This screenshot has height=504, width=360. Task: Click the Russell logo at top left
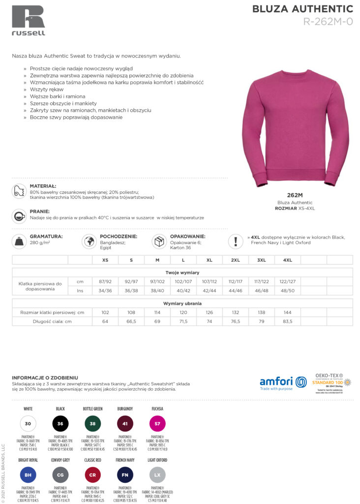(29, 20)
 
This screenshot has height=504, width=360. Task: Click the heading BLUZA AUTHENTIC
(302, 9)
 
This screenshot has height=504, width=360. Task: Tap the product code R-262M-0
(328, 21)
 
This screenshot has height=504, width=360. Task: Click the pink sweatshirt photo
(296, 127)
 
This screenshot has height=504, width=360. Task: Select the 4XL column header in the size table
(287, 260)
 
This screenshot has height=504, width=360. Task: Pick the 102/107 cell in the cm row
(183, 282)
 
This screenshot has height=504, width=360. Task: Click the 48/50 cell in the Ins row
(287, 291)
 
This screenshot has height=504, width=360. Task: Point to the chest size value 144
(287, 313)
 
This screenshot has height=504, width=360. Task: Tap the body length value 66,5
(131, 321)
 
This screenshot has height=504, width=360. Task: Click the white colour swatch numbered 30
(28, 424)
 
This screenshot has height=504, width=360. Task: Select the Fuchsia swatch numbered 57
(157, 424)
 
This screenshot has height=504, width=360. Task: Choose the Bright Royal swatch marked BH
(28, 475)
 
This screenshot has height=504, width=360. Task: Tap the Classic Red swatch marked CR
(92, 475)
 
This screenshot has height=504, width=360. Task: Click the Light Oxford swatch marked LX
(157, 475)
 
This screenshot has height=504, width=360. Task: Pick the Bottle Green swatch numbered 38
(92, 424)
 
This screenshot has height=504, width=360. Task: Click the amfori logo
(283, 382)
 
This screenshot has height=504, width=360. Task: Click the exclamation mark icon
(236, 242)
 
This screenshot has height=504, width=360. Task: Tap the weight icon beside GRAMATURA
(19, 242)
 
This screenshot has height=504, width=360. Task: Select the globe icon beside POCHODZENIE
(90, 242)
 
